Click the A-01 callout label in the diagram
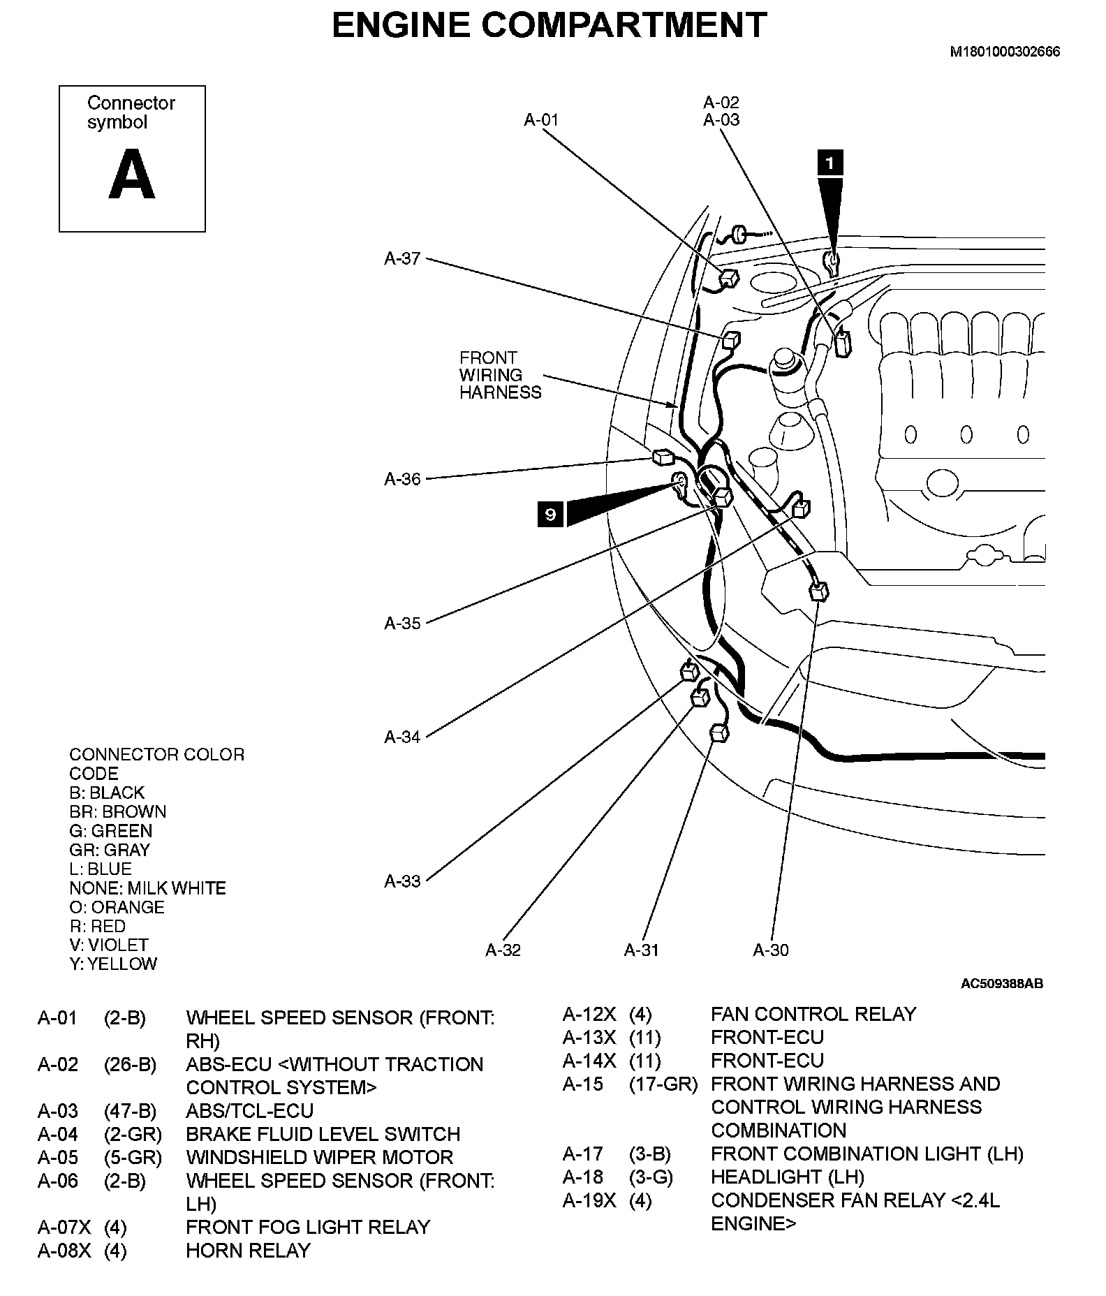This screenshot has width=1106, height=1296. point(541,120)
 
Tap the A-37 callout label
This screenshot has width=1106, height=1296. point(402,259)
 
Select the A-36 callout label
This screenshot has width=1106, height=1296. point(402,479)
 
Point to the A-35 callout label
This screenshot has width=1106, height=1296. point(402,624)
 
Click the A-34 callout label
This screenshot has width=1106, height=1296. point(402,737)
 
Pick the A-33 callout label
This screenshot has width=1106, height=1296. point(402,881)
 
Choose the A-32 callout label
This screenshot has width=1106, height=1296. point(503,950)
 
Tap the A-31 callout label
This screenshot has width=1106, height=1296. point(641,950)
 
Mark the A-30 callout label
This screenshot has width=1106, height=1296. point(771,950)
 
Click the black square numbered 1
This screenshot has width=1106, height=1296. point(829,163)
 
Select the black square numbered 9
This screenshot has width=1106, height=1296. point(550,515)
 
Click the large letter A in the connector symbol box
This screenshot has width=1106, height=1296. point(131,177)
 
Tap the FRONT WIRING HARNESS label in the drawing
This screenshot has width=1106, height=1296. point(500,376)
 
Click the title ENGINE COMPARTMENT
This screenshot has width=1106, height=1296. point(549,26)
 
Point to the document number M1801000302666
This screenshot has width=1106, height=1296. point(1004,52)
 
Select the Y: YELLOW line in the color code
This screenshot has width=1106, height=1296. point(113,964)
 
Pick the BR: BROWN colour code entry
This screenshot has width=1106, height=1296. point(117,812)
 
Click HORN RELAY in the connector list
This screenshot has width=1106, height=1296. point(248,1251)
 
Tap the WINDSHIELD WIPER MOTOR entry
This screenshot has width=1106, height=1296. point(319,1158)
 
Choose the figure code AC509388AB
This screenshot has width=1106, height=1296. point(1001,984)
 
